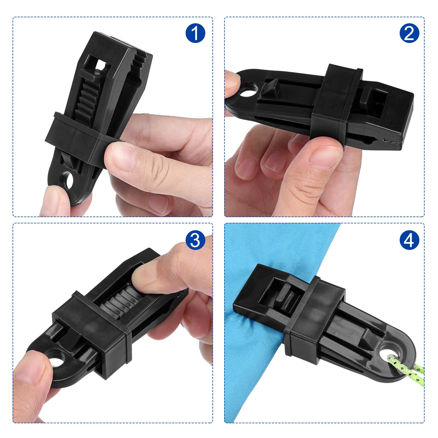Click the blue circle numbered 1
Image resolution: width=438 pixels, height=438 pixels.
pos(195,33)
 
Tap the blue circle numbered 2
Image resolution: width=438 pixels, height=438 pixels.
pos(409,33)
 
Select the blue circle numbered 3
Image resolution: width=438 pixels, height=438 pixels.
pos(195,240)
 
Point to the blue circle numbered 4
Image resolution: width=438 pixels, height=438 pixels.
pos(409,240)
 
